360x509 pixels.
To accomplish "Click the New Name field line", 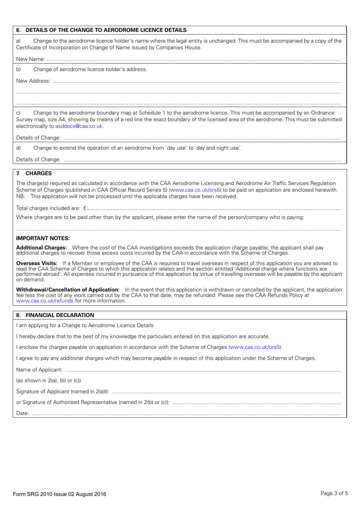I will (x=193, y=60).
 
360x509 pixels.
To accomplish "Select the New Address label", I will (x=33, y=81).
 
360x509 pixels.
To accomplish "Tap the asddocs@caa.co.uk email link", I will (x=79, y=126).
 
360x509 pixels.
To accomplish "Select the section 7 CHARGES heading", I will (x=38, y=173).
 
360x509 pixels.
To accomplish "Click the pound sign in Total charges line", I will (x=85, y=208).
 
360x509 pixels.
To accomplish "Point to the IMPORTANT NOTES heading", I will (x=43, y=238).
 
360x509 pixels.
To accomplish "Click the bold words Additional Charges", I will (x=41, y=247).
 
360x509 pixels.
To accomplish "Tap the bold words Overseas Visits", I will (x=37, y=263).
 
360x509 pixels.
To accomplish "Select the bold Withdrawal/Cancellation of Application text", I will (x=68, y=290).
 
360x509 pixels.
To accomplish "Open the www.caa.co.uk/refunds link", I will (x=45, y=301).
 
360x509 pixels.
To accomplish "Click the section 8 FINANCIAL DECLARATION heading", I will (x=59, y=315).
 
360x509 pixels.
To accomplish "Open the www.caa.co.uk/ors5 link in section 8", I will (x=255, y=347).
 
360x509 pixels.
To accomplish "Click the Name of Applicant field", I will (x=203, y=370).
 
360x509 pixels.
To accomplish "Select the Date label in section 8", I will (x=22, y=413).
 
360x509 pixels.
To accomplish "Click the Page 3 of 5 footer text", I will (x=334, y=493).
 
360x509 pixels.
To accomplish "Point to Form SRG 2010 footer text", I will (x=59, y=494).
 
